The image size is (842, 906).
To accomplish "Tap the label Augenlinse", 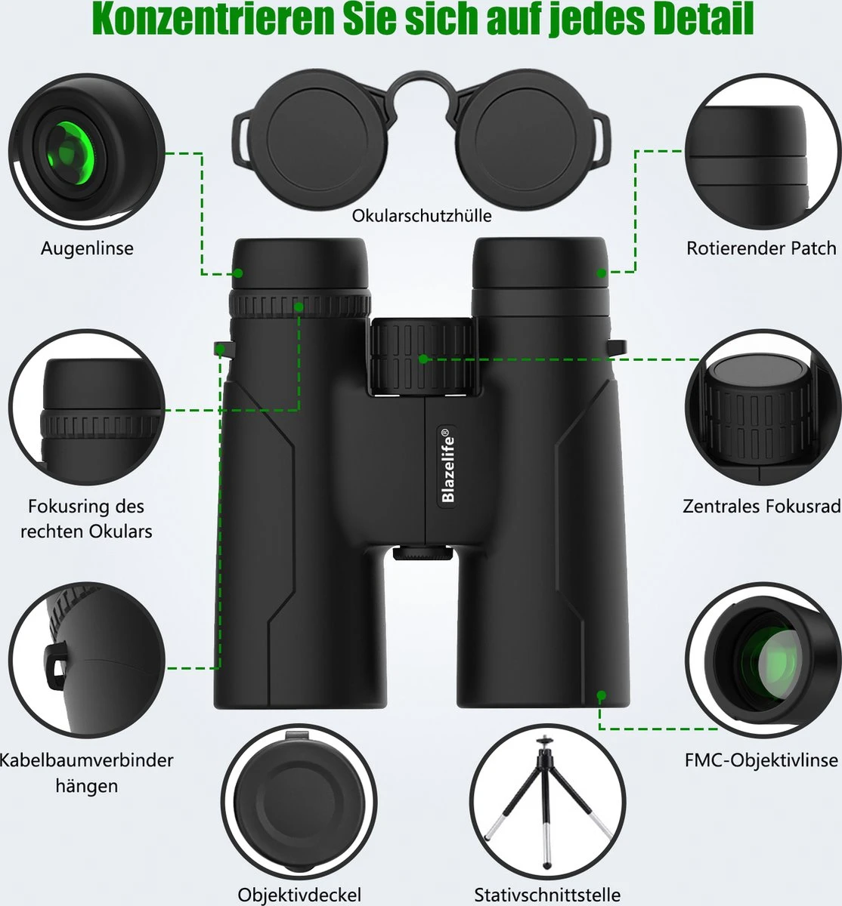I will click(87, 248).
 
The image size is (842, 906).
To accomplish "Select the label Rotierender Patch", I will click(760, 248).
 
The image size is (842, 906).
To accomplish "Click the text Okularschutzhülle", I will click(422, 216).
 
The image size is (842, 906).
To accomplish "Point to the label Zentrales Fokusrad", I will click(761, 506).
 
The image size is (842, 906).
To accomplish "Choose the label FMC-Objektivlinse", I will click(761, 760).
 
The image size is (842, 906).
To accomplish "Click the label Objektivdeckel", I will click(300, 895).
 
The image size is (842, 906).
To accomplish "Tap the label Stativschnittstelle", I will click(547, 895).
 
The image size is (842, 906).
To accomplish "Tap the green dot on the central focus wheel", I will click(424, 359).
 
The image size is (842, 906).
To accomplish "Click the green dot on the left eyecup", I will click(237, 273).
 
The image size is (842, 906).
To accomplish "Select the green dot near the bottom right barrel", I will click(602, 695).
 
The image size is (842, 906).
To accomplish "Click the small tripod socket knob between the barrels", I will click(422, 554).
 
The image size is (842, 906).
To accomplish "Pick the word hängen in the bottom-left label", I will click(86, 785).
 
